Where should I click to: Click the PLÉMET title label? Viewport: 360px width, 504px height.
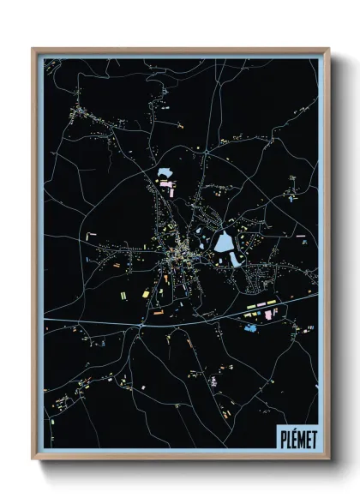296,440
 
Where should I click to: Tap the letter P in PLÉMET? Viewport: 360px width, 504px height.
280,440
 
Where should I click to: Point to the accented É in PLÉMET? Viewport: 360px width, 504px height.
291,439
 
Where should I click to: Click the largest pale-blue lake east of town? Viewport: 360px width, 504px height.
224,243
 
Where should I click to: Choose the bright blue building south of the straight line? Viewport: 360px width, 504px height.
250,328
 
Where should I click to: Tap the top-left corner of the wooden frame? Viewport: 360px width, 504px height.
33,49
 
